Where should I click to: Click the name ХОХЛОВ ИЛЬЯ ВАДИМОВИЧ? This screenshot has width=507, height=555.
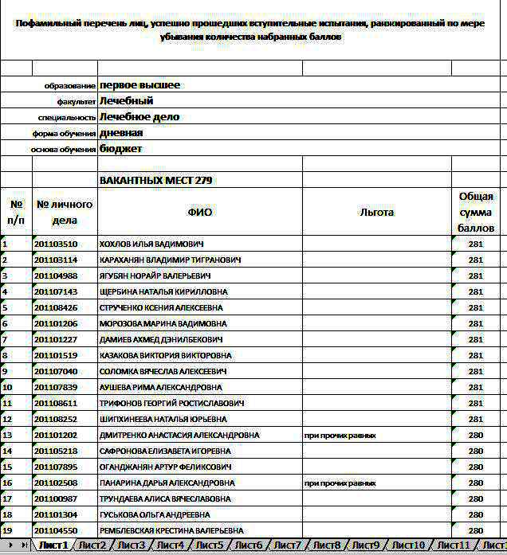coord(151,244)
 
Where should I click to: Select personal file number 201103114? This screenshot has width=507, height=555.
coord(56,260)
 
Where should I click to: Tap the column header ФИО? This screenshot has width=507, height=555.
coord(200,213)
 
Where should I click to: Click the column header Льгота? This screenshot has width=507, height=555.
coord(376,213)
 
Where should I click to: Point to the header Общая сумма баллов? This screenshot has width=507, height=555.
coord(476,213)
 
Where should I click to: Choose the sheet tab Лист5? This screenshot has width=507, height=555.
coord(210,545)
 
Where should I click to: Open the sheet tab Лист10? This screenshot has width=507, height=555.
coord(408,545)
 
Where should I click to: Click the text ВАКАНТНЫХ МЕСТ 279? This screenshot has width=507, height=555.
coord(155,181)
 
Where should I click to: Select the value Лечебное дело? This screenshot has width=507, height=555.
coord(140,117)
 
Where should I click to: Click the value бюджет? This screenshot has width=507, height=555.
coord(121,149)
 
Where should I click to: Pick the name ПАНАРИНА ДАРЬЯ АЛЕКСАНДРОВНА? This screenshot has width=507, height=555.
coord(167,483)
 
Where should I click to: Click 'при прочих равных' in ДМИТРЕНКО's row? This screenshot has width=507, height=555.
coord(340,436)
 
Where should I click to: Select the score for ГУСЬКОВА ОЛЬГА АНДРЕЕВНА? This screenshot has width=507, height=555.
coord(476,514)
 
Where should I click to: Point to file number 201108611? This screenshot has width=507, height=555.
coord(56,403)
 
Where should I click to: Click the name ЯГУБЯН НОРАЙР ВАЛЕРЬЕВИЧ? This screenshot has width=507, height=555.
coord(155,276)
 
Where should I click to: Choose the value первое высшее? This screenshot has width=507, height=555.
coord(140,85)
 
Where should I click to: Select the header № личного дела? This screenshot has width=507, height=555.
coord(65,213)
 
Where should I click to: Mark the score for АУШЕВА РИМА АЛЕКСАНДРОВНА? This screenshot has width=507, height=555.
coord(476,387)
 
